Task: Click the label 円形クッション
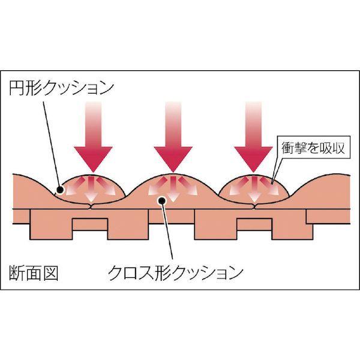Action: pyautogui.click(x=62, y=88)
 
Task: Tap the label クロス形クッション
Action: pyautogui.click(x=175, y=273)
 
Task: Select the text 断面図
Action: pyautogui.click(x=34, y=273)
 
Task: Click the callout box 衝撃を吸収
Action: pyautogui.click(x=314, y=148)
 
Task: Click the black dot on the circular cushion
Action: pyautogui.click(x=60, y=190)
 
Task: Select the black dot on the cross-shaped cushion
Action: pyautogui.click(x=161, y=200)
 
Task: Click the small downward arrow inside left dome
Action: pyautogui.click(x=91, y=190)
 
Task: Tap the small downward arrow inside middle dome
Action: pyautogui.click(x=173, y=190)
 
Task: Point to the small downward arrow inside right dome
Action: pyautogui.click(x=254, y=190)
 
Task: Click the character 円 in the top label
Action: pyautogui.click(x=16, y=88)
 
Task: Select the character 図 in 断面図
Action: pyautogui.click(x=50, y=273)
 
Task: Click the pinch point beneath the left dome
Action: pyautogui.click(x=92, y=206)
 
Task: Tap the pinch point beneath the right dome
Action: pyautogui.click(x=255, y=206)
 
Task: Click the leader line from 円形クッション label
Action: pyautogui.click(x=51, y=145)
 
